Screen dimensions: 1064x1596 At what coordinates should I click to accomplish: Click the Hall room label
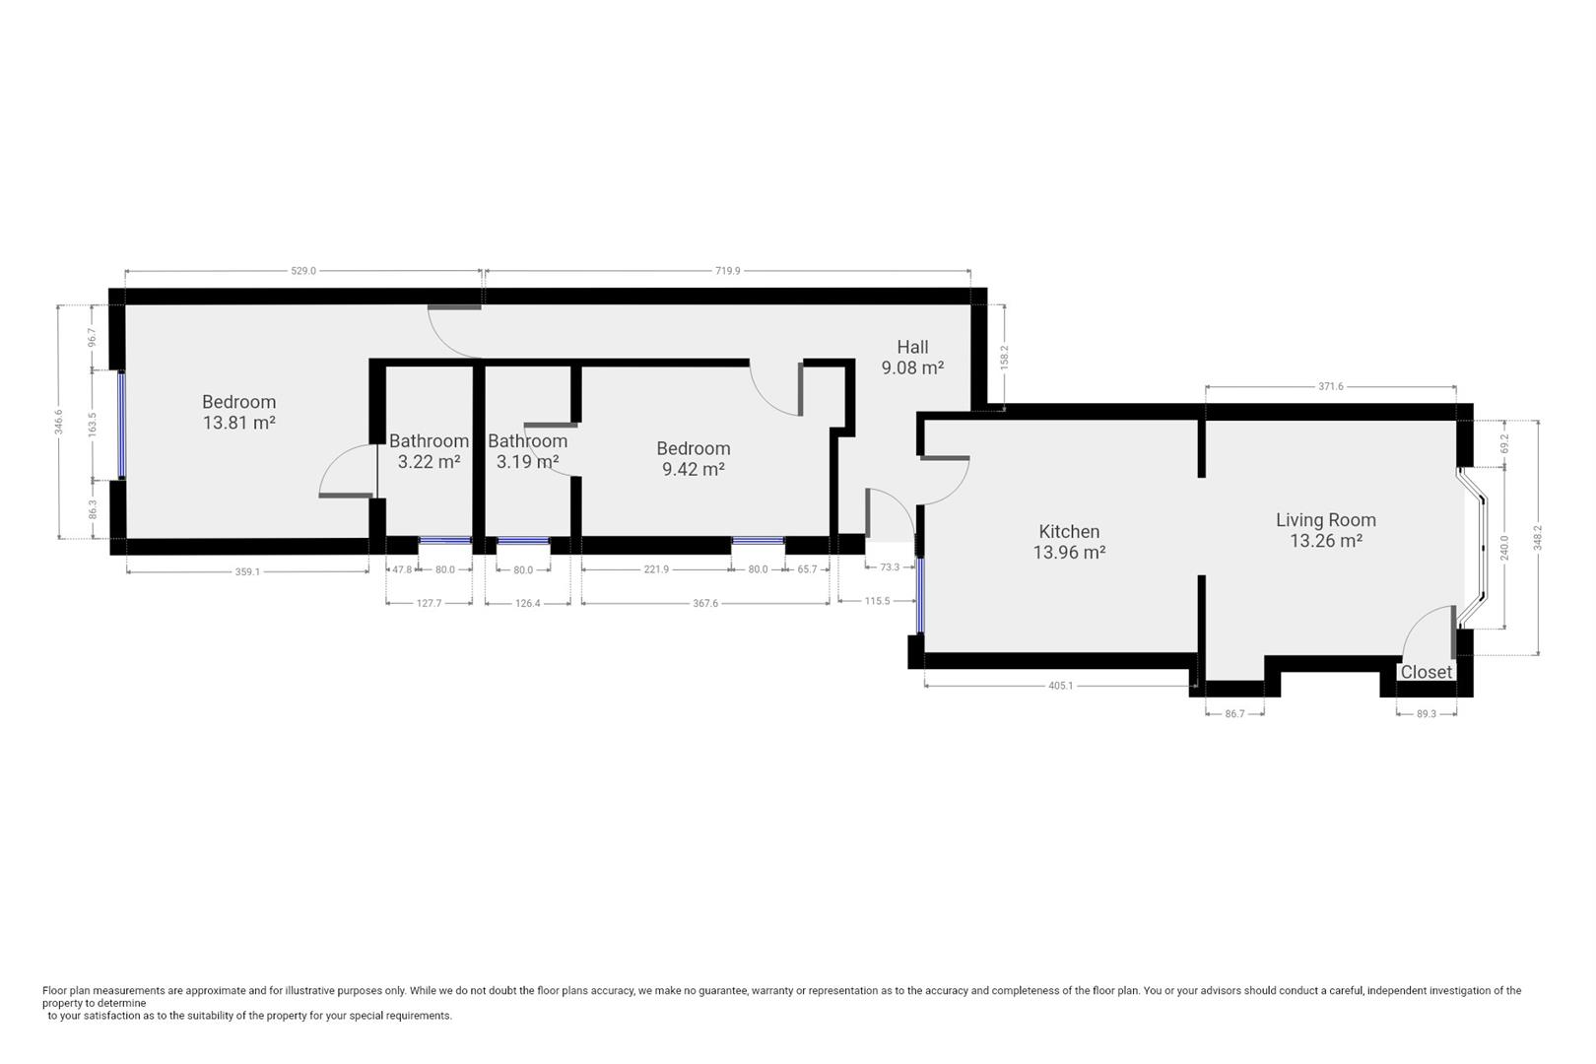click(x=912, y=347)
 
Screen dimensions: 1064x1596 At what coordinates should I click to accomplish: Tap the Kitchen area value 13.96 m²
click(x=1069, y=553)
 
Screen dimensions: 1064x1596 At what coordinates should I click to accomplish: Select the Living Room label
click(x=1325, y=520)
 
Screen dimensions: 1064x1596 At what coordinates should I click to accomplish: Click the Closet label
click(x=1426, y=672)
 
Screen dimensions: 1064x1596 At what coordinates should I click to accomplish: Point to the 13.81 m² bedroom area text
click(x=238, y=423)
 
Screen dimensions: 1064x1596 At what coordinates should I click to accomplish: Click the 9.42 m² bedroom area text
click(x=693, y=469)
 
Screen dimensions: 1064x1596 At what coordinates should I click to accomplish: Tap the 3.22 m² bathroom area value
click(x=429, y=461)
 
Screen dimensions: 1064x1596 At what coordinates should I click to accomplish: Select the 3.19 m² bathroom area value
click(x=527, y=461)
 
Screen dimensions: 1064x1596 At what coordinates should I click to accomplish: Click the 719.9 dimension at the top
click(x=727, y=271)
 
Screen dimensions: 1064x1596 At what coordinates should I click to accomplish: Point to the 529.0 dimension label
click(x=303, y=271)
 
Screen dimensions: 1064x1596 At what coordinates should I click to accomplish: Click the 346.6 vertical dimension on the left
click(x=59, y=422)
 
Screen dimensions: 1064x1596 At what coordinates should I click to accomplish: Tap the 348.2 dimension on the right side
click(x=1538, y=537)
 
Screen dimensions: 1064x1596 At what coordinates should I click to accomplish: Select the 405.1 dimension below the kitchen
click(x=1060, y=686)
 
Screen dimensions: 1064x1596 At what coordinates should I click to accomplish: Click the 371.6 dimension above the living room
click(x=1330, y=387)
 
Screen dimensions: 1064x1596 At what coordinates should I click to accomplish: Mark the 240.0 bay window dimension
click(x=1503, y=547)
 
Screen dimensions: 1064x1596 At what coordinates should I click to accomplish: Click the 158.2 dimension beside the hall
click(x=1004, y=357)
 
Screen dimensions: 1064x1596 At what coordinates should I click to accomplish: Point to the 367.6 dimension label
click(x=705, y=603)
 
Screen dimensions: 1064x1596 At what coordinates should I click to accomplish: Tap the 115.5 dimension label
click(x=877, y=600)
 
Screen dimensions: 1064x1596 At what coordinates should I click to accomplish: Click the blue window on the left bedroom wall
click(x=122, y=425)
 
